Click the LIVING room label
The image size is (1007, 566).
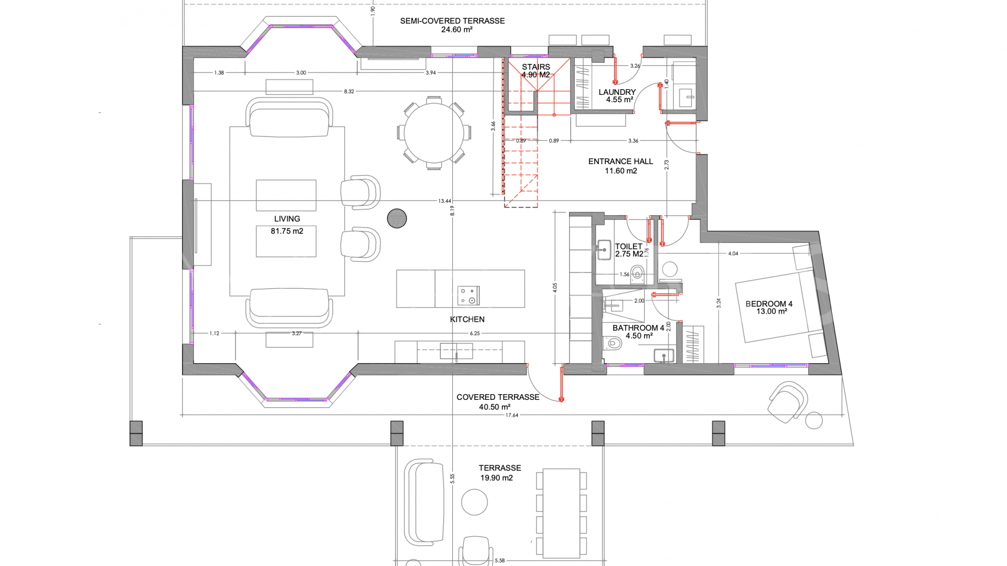click(x=287, y=219)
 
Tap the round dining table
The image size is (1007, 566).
click(x=433, y=133)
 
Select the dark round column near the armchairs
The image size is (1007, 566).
click(x=397, y=218)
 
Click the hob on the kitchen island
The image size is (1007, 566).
click(x=468, y=296)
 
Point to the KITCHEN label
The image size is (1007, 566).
click(x=467, y=319)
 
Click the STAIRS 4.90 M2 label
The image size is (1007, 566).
click(x=535, y=71)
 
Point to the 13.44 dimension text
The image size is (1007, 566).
click(x=445, y=201)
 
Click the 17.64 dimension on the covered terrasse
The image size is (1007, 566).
click(x=511, y=415)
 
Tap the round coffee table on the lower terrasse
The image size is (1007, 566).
click(x=474, y=502)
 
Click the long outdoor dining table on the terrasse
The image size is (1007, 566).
click(x=561, y=513)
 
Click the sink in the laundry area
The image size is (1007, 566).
click(x=685, y=97)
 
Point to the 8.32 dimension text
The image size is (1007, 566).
click(x=349, y=91)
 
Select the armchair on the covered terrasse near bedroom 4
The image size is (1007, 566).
click(x=787, y=401)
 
